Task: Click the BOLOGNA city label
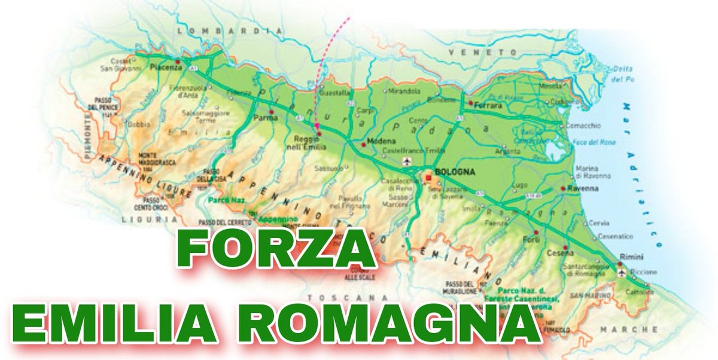point(455,172)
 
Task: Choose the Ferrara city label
point(489,105)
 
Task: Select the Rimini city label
point(631,257)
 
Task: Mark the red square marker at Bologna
point(428,178)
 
